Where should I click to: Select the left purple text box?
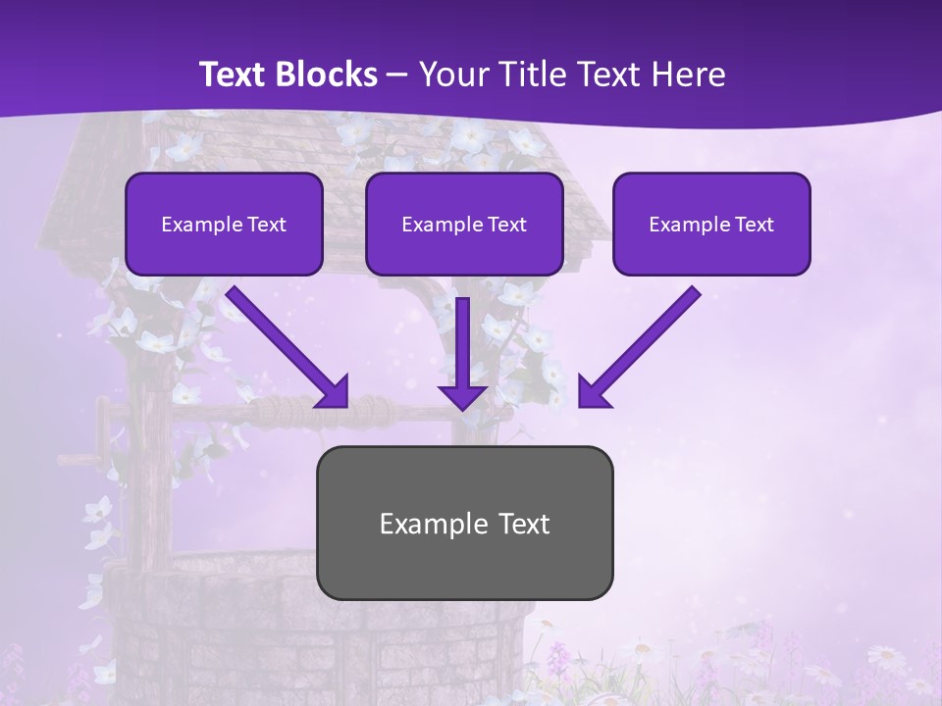coord(224,224)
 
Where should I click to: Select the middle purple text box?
coord(464,224)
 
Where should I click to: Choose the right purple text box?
coord(711,224)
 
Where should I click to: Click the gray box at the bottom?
coord(464,523)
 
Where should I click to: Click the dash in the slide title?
coord(397,75)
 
